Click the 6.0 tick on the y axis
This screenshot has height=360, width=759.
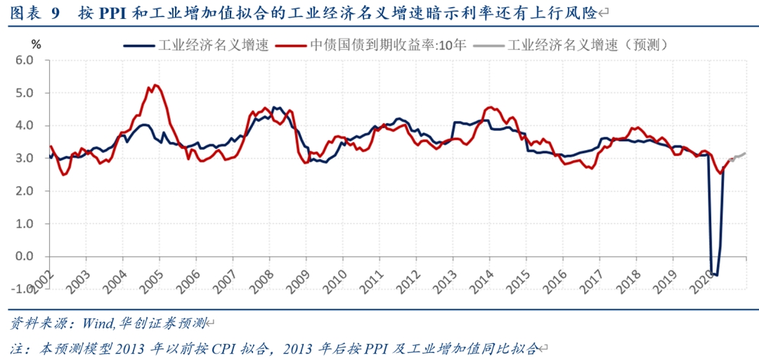[25, 60]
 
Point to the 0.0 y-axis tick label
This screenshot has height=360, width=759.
[25, 257]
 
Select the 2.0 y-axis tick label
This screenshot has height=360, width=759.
[25, 191]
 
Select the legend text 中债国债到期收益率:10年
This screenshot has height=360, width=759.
[388, 45]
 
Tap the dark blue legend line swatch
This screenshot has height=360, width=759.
[139, 46]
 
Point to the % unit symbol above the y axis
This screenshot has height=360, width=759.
[37, 44]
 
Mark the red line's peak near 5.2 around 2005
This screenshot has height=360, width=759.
[155, 85]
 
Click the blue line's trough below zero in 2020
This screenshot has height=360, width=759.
[716, 275]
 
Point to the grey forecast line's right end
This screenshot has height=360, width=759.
[746, 153]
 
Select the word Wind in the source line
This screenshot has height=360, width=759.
[98, 324]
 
